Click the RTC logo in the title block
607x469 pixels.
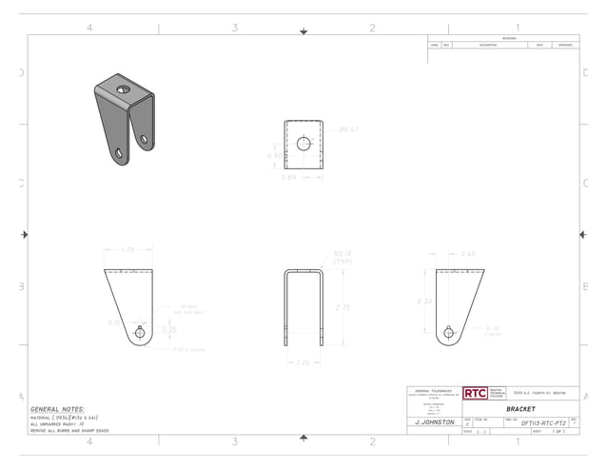[x=474, y=393]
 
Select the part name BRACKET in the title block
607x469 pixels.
[x=520, y=408]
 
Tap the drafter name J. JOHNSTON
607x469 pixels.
[x=435, y=421]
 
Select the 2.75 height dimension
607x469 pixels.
[x=343, y=307]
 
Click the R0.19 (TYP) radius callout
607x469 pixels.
[x=343, y=257]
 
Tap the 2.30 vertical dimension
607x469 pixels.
[x=424, y=301]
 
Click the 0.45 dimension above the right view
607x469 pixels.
[x=467, y=254]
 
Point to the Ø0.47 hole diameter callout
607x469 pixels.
[x=348, y=128]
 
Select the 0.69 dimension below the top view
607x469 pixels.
[x=289, y=177]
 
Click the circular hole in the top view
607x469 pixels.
[x=303, y=144]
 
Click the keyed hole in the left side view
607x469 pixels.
[x=140, y=332]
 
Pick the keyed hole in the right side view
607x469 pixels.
[x=449, y=332]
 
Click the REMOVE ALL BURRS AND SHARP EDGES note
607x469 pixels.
[x=69, y=431]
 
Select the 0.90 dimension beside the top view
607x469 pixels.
[x=274, y=155]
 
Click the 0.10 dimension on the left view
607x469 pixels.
[x=114, y=322]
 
